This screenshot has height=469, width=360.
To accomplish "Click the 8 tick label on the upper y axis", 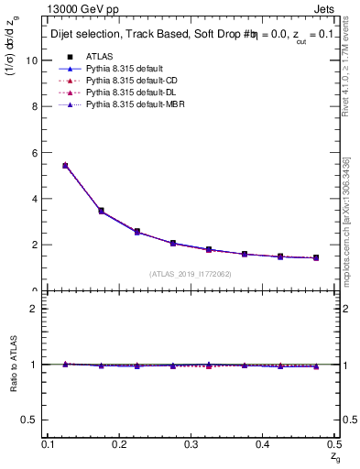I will (x=37, y=106).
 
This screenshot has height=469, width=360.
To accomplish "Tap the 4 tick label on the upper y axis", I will (x=37, y=199).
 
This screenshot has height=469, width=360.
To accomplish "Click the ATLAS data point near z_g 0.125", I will (x=65, y=166).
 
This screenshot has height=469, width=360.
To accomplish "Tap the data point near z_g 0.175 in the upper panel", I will (x=101, y=212).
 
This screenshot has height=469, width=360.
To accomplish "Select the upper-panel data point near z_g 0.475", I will (x=316, y=258).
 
